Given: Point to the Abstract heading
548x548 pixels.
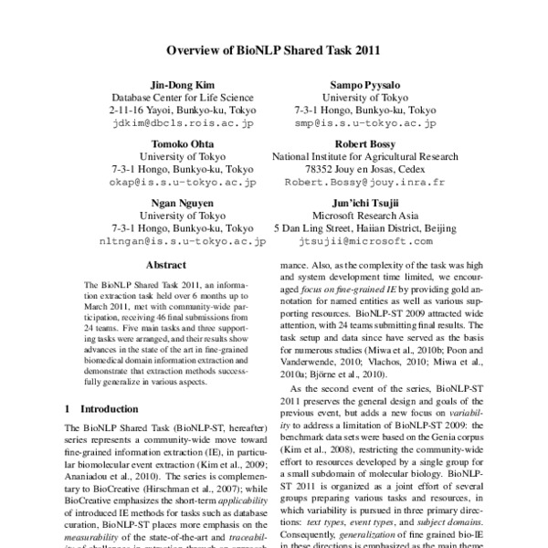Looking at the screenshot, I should click(166, 265).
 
